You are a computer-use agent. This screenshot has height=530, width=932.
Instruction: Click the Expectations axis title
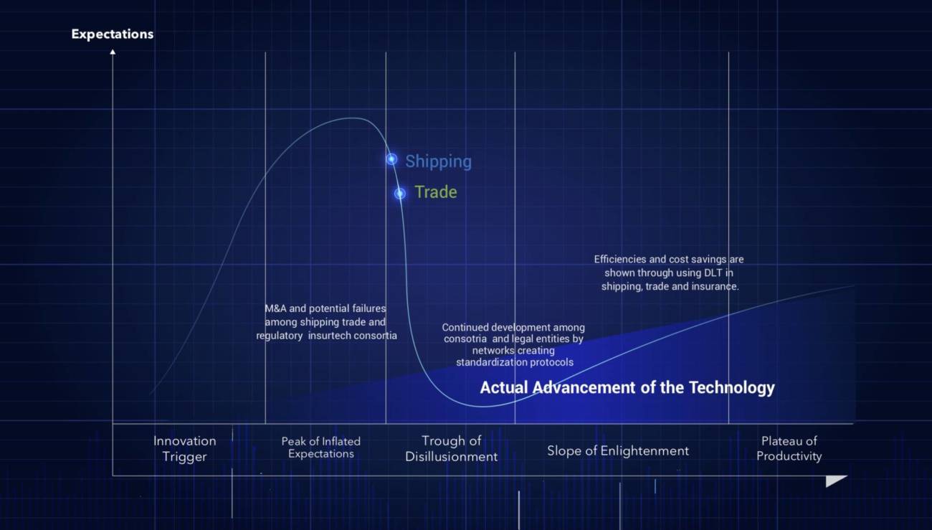pos(113,34)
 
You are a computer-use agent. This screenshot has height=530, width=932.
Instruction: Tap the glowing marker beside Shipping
pos(391,159)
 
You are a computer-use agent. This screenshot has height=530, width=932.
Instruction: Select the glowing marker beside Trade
pos(400,193)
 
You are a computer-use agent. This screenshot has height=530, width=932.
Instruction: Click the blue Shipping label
pos(439,161)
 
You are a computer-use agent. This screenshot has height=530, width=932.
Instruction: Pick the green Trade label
pos(436,192)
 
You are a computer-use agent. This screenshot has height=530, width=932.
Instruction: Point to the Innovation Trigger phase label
pos(185,449)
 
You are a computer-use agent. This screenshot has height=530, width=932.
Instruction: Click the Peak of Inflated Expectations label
pos(320,448)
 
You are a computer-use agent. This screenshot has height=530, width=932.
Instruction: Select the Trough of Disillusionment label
pos(452,449)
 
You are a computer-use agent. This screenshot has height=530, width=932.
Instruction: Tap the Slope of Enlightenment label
pos(618,451)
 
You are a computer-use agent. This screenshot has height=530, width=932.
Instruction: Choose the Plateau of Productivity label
pos(789,448)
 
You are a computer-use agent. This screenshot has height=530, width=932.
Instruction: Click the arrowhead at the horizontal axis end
pos(835,481)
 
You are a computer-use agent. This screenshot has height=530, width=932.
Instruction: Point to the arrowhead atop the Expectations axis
pos(113,52)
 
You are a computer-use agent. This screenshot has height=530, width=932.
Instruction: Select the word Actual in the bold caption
pos(504,387)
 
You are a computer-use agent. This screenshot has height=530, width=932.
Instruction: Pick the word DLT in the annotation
pos(713,273)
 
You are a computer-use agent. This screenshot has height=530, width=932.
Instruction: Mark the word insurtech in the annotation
pos(328,336)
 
